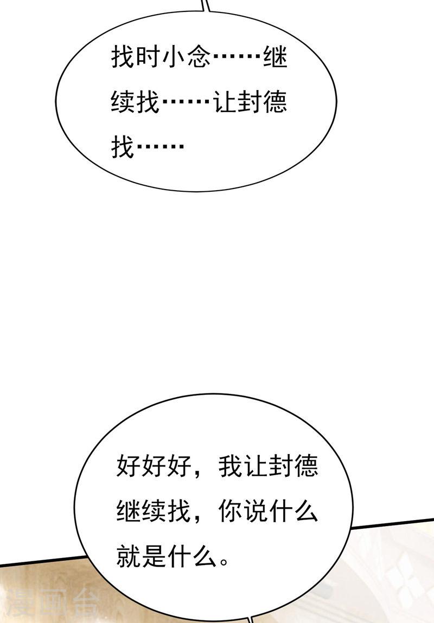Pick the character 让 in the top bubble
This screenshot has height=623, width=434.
click(x=225, y=102)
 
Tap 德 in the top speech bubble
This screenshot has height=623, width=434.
click(x=275, y=102)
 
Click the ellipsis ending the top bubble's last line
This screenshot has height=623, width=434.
click(x=161, y=147)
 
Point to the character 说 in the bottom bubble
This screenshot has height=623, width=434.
click(x=256, y=510)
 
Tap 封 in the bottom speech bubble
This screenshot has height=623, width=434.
click(x=282, y=465)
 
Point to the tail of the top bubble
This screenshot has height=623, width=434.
click(x=206, y=5)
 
